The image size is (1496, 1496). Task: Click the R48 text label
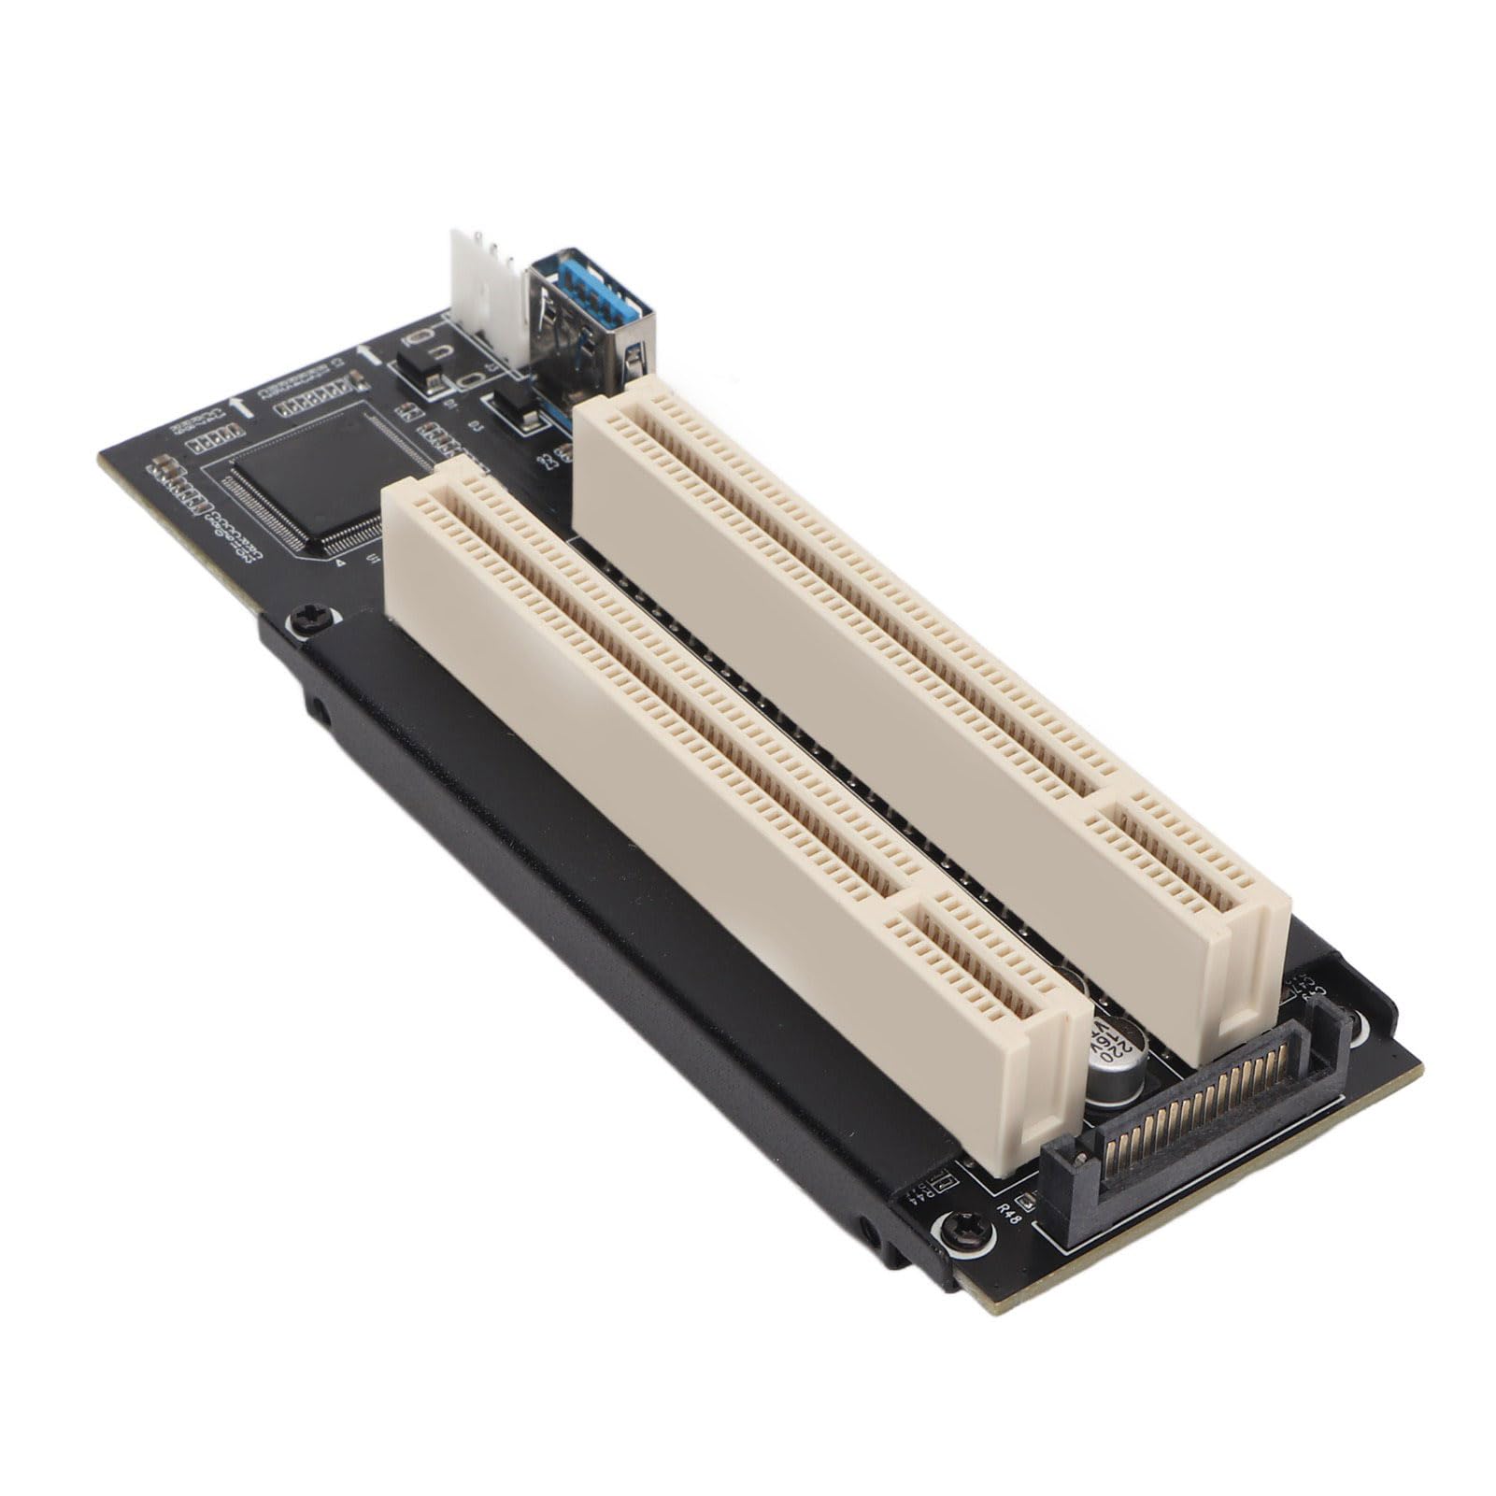click(1009, 1212)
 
